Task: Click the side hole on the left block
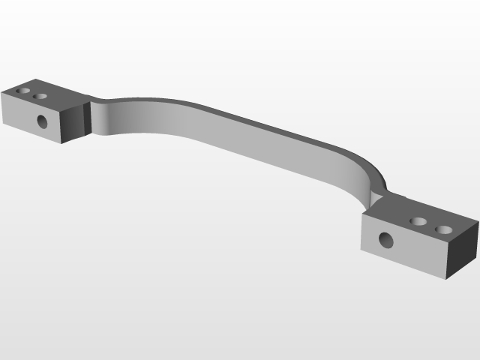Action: click(42, 121)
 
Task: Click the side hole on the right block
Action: click(385, 241)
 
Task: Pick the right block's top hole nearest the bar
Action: click(420, 222)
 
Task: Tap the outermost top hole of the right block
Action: click(445, 229)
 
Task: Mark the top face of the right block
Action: click(420, 217)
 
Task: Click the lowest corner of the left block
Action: click(61, 142)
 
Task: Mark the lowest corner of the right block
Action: click(447, 279)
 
